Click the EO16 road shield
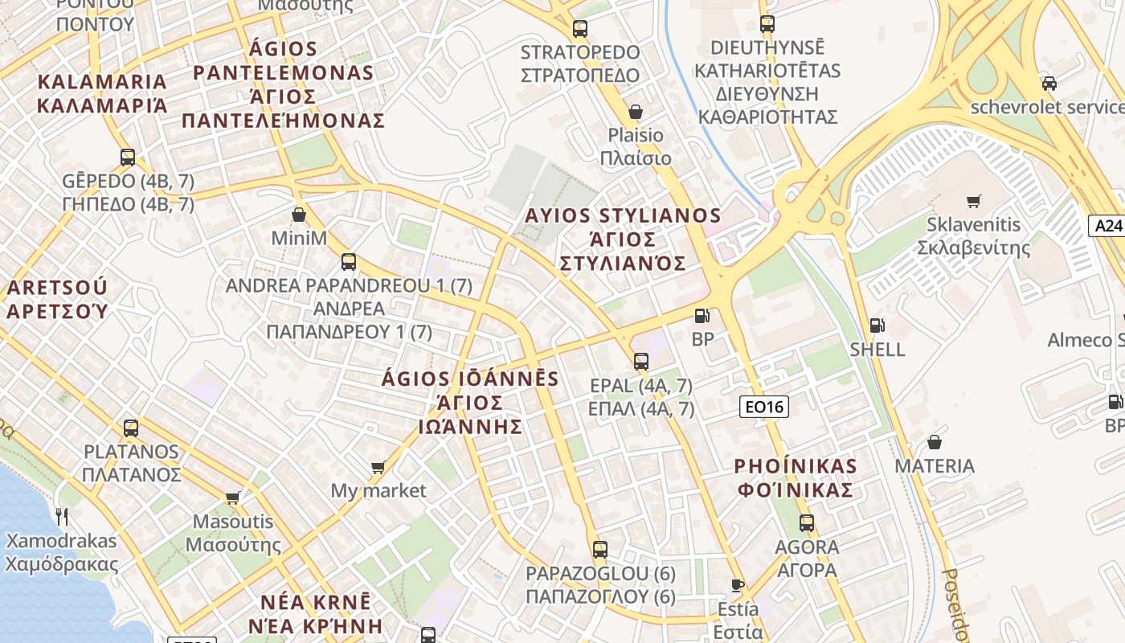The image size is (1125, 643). click(x=763, y=407)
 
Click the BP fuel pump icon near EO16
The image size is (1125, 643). click(x=702, y=317)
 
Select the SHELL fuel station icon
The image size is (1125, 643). click(x=877, y=326)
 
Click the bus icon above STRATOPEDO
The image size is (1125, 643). click(x=580, y=29)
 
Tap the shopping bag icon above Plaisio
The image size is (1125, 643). click(x=636, y=111)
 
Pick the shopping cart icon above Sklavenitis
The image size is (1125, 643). click(x=974, y=201)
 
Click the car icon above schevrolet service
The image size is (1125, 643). click(x=1049, y=83)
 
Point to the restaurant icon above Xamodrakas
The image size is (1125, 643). click(x=61, y=516)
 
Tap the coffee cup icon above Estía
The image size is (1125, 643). click(x=737, y=584)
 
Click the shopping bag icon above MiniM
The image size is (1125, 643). click(x=299, y=215)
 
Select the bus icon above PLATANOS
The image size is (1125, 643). click(x=131, y=428)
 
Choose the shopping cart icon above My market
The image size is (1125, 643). click(x=378, y=466)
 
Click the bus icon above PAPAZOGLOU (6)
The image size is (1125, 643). click(x=599, y=550)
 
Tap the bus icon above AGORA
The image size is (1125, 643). click(x=807, y=523)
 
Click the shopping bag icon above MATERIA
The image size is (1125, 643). click(x=935, y=442)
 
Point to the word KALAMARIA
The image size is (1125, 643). click(x=102, y=82)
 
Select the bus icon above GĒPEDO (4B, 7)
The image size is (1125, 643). click(x=128, y=157)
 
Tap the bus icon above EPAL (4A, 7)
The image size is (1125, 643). click(x=640, y=362)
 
